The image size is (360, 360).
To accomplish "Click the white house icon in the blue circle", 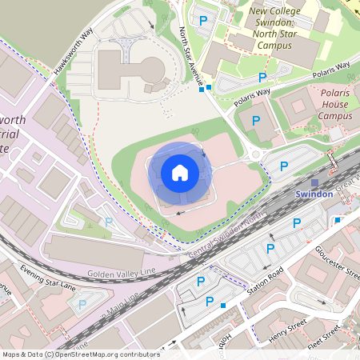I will [180, 172].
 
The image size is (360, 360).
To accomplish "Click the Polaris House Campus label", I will [335, 104].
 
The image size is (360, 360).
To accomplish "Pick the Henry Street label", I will [287, 327].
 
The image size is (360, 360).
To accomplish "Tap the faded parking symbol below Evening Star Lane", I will [82, 304].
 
